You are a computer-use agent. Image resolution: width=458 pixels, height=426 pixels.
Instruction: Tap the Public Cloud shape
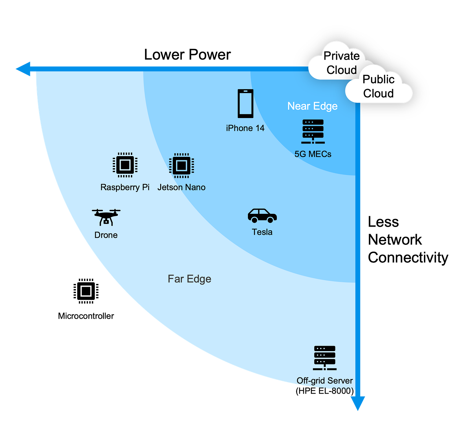pyautogui.click(x=378, y=87)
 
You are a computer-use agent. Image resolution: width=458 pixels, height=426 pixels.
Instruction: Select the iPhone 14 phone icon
pyautogui.click(x=245, y=104)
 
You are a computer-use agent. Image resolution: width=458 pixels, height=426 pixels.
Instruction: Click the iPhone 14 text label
pyautogui.click(x=245, y=128)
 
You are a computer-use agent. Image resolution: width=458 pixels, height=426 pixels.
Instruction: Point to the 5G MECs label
pyautogui.click(x=313, y=154)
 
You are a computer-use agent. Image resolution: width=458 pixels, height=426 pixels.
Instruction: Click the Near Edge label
pyautogui.click(x=312, y=106)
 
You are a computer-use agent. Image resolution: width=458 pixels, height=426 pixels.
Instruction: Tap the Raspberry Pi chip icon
pyautogui.click(x=125, y=165)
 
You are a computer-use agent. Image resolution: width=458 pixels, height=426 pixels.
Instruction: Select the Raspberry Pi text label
pyautogui.click(x=125, y=187)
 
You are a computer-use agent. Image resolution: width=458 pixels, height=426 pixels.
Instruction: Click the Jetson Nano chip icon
pyautogui.click(x=181, y=165)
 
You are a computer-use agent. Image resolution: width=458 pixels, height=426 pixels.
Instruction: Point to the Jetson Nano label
pyautogui.click(x=181, y=187)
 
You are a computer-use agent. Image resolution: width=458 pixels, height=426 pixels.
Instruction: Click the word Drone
pyautogui.click(x=106, y=235)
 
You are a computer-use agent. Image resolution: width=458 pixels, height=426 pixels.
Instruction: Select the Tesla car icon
pyautogui.click(x=262, y=216)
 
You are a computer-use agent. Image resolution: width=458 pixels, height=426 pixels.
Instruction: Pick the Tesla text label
pyautogui.click(x=262, y=232)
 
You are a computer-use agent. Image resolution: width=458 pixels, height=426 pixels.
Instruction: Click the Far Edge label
pyautogui.click(x=190, y=279)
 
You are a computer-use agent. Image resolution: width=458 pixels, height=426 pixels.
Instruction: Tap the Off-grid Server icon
pyautogui.click(x=324, y=358)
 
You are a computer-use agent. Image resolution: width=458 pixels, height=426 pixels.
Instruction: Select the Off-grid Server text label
pyautogui.click(x=324, y=381)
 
